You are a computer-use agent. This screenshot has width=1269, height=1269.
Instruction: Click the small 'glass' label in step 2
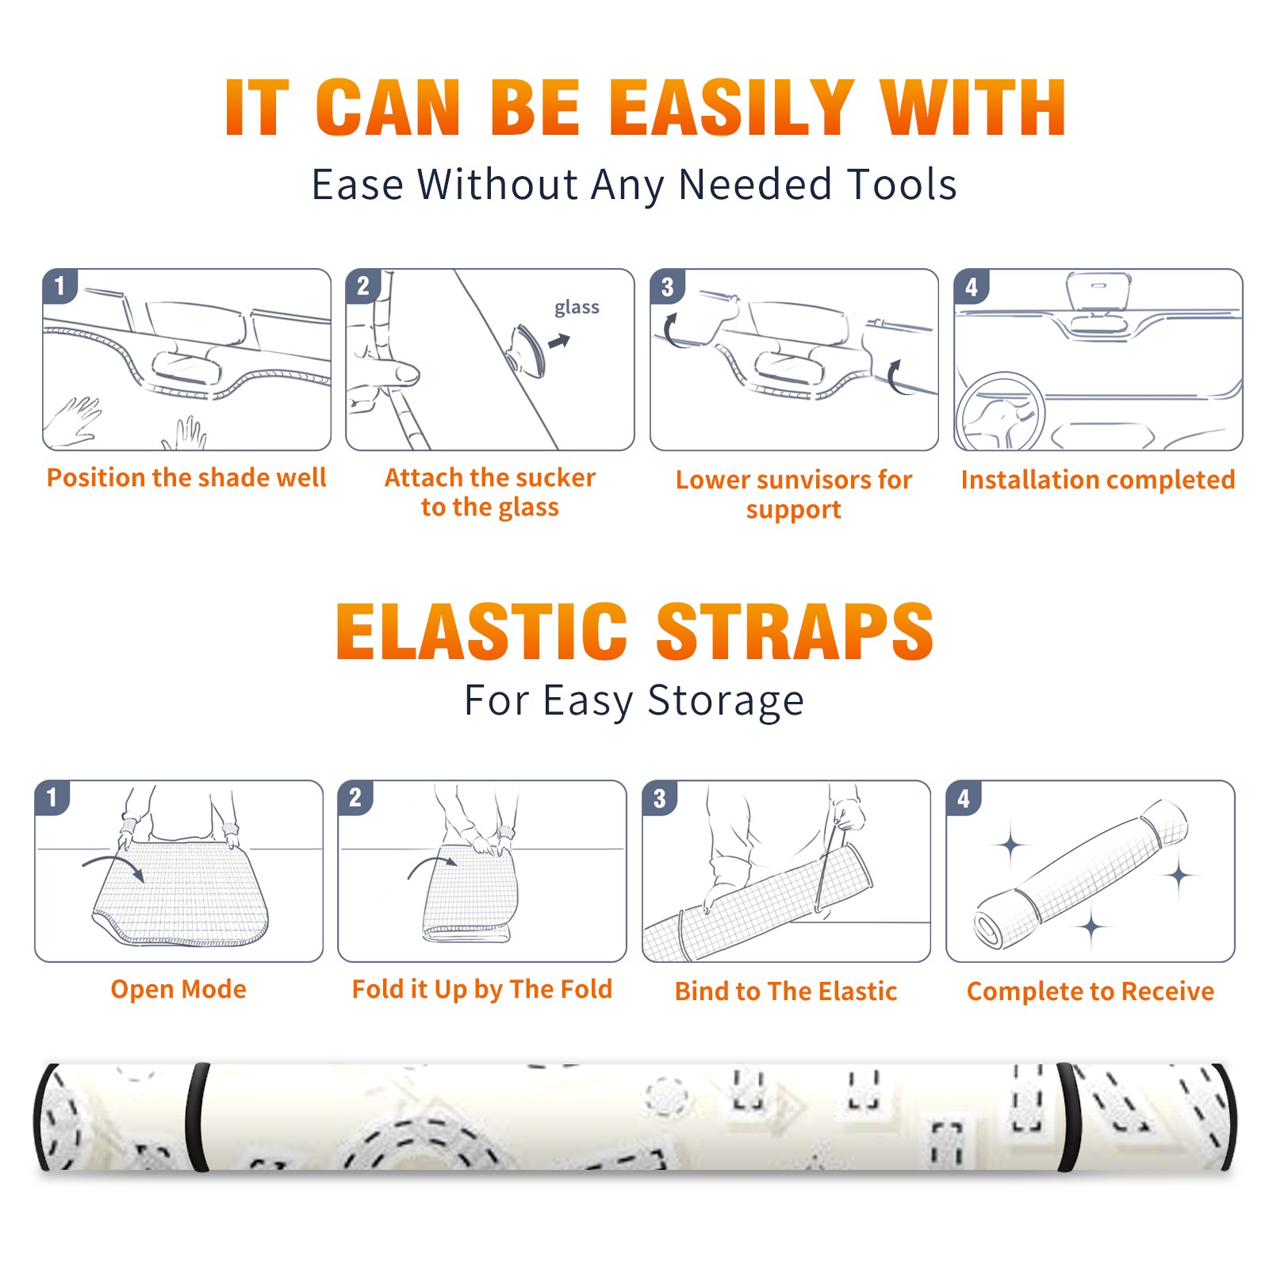[577, 308]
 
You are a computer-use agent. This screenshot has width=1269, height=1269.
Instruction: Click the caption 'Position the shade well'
[186, 477]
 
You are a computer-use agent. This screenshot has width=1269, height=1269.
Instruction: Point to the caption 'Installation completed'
[1098, 480]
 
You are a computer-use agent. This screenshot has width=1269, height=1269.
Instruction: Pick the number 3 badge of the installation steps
[668, 287]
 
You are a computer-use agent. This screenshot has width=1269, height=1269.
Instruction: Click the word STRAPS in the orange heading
[795, 632]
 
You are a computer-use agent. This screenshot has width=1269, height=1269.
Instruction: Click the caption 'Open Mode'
[178, 990]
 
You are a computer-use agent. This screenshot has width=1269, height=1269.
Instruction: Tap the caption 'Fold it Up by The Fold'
[482, 990]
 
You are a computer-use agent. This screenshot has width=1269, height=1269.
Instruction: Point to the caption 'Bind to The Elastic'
[786, 991]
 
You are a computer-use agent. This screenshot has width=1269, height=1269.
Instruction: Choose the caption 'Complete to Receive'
[1091, 991]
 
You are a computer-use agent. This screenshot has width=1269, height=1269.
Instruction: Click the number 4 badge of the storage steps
[964, 798]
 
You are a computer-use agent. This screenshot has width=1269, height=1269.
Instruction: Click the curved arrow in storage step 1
[113, 863]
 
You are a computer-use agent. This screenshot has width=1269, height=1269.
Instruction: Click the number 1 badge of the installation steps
[60, 286]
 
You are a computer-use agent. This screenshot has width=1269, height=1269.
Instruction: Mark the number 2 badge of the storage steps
[355, 798]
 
